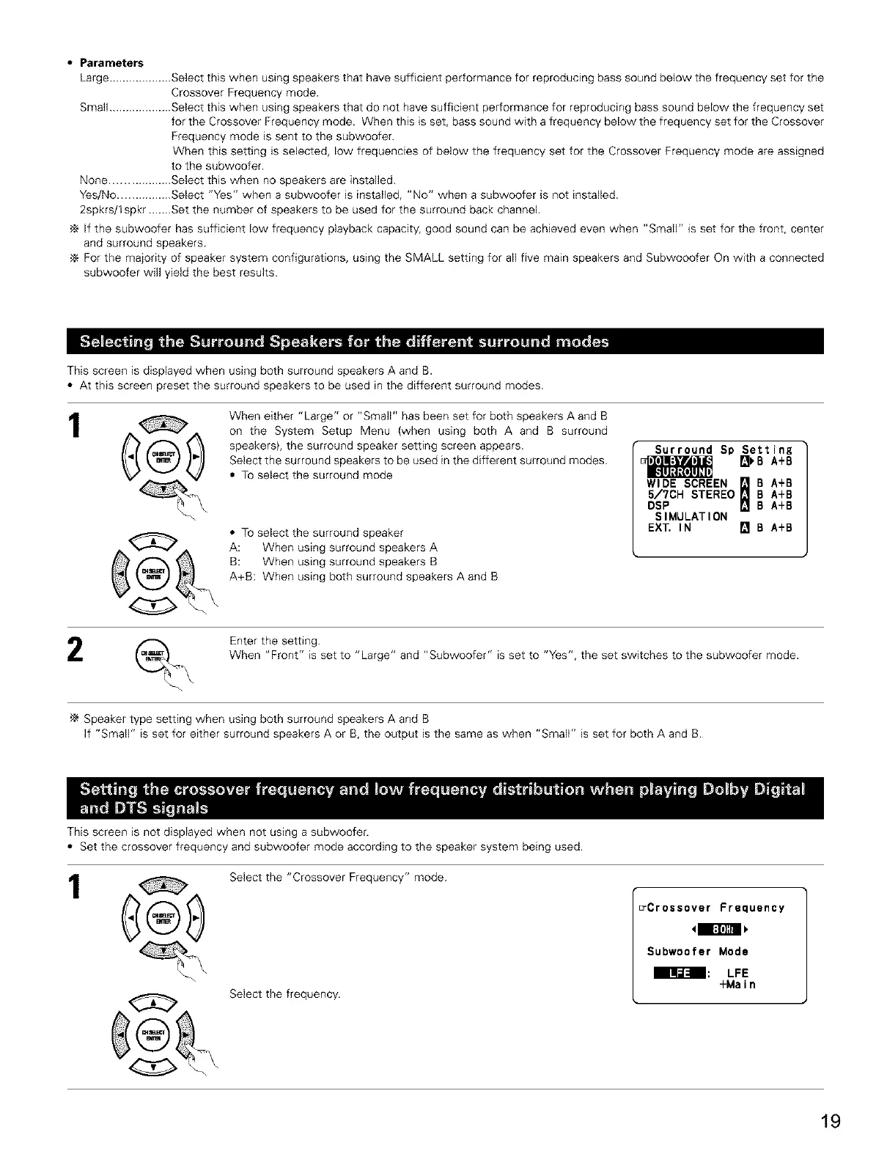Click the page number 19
pos(831,1122)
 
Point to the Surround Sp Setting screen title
pos(723,449)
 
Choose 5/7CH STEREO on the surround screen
pos(691,494)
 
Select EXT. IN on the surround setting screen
pos(669,527)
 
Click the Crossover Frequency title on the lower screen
pos(715,908)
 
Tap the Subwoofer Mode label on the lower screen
pos(697,952)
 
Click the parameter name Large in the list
pos(94,78)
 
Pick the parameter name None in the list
pos(94,180)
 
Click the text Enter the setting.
pos(274,641)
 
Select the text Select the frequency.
pos(284,994)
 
